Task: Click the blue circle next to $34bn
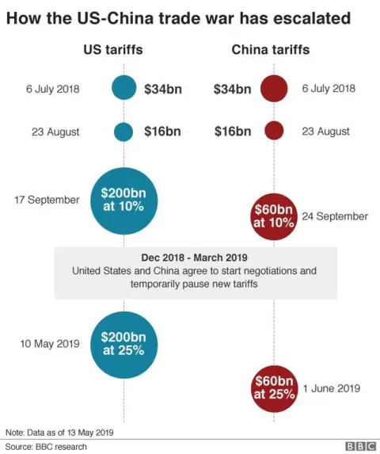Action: (x=123, y=88)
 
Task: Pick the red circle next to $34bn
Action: (x=273, y=88)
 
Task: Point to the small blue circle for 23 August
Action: (x=123, y=131)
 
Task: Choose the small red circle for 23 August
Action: (x=273, y=131)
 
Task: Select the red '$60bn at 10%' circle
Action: (x=273, y=216)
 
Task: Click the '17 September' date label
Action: (x=47, y=200)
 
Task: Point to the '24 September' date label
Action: (x=335, y=216)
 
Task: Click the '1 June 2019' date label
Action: (x=332, y=388)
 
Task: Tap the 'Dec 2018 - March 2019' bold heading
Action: (x=195, y=258)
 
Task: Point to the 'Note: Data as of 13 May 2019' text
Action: (x=60, y=432)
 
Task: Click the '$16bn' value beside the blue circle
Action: (x=162, y=131)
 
